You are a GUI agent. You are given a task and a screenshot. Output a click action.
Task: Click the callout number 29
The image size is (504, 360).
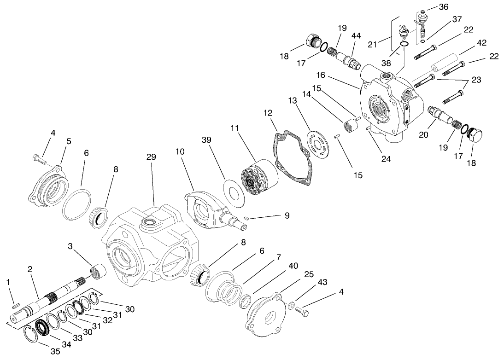(x=151, y=157)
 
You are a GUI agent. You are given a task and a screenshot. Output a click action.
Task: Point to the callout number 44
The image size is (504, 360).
(x=356, y=36)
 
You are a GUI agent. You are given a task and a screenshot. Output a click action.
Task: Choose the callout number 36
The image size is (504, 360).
(x=443, y=7)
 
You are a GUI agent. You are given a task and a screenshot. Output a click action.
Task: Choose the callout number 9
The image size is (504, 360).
(x=287, y=215)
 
